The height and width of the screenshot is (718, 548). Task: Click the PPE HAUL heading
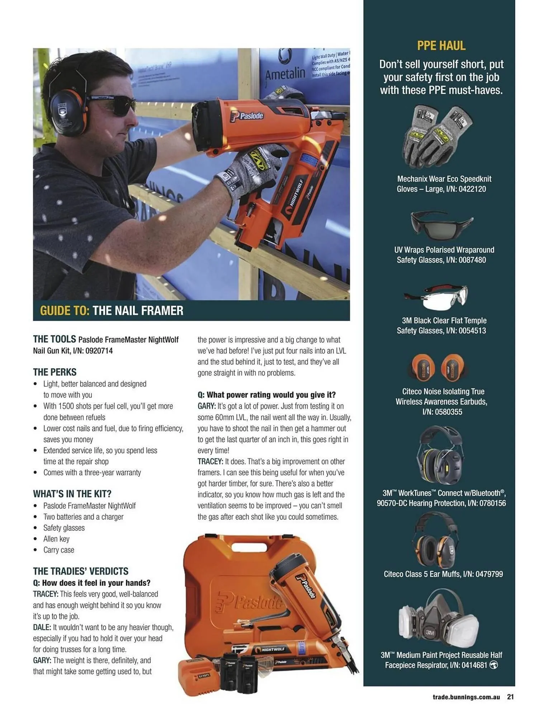point(441,46)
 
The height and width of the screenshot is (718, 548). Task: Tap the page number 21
point(510,697)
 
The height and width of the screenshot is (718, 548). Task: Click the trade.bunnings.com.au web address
point(466,697)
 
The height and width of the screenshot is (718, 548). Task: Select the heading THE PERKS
point(55,372)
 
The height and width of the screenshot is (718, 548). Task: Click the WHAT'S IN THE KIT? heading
point(72,494)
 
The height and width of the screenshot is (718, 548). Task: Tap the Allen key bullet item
point(56,539)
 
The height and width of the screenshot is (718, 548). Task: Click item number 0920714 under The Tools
point(99,351)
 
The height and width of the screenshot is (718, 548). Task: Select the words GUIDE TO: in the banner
point(64,311)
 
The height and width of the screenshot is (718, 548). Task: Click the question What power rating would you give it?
point(266,395)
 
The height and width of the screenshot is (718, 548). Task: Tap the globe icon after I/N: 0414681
point(493,665)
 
